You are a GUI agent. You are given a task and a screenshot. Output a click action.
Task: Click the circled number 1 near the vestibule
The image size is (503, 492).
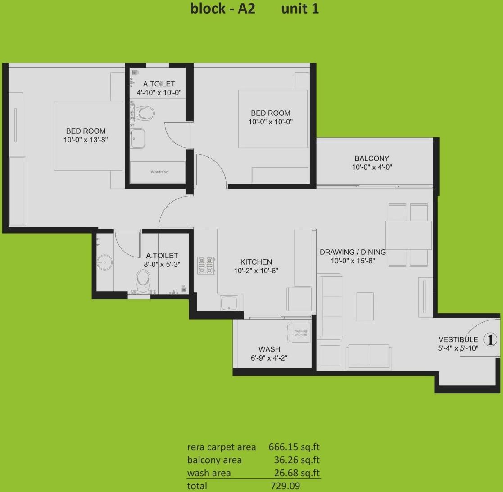(490, 339)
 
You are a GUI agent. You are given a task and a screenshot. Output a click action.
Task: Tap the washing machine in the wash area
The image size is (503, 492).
(300, 333)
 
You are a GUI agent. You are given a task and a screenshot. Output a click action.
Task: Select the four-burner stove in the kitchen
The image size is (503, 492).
(206, 265)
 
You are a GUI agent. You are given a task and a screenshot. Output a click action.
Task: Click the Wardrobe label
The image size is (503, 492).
(159, 172)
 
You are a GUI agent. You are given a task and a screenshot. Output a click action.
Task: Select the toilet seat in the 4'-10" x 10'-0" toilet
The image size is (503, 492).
(145, 113)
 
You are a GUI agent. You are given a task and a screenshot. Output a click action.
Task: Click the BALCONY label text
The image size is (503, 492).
(372, 158)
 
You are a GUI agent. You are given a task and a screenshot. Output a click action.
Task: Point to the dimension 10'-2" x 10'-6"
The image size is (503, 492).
(256, 271)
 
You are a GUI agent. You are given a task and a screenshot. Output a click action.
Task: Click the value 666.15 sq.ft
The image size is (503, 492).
(294, 447)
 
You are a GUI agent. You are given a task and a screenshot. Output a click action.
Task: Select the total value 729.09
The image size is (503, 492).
(285, 486)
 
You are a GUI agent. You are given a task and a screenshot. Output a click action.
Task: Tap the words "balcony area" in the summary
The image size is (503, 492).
(214, 460)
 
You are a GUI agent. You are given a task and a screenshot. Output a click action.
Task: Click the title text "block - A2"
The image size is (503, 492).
(222, 9)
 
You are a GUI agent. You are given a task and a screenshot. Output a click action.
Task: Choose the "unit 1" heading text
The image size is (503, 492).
(300, 9)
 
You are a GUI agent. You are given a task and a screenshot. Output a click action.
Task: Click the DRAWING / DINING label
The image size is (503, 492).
(353, 252)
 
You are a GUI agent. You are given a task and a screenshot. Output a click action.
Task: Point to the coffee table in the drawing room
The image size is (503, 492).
(364, 307)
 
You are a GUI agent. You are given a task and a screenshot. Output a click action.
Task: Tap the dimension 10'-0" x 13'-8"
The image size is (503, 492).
(86, 140)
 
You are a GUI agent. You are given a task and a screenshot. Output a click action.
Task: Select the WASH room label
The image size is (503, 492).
(269, 349)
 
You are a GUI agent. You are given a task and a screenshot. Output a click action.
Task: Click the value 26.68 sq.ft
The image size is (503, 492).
(297, 473)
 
